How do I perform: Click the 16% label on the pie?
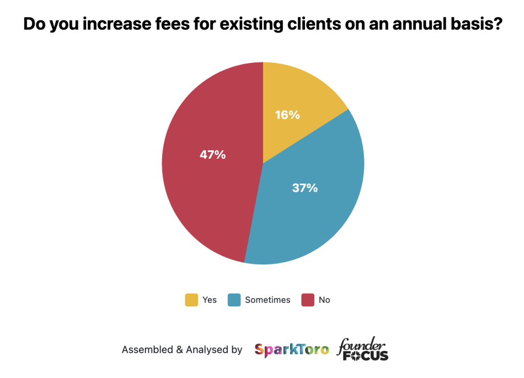click(287, 115)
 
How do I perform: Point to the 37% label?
click(305, 188)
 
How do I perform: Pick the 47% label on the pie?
click(213, 154)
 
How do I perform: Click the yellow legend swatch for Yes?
click(191, 300)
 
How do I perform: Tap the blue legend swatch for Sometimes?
click(234, 300)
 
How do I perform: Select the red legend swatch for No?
click(308, 300)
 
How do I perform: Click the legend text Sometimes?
click(268, 300)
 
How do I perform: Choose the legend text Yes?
click(210, 300)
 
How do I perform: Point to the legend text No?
click(324, 300)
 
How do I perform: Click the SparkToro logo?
click(292, 350)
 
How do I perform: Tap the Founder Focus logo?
click(363, 349)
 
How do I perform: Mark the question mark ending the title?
click(496, 25)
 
